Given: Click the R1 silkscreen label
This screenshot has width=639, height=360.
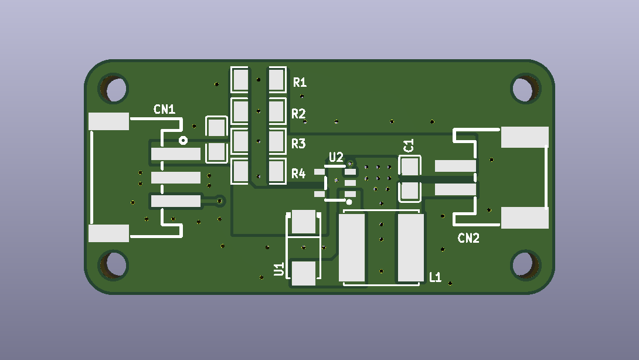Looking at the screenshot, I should tap(300, 82).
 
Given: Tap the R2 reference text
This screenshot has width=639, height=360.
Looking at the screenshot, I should tap(298, 113).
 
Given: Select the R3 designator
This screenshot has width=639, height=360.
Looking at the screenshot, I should tap(298, 144).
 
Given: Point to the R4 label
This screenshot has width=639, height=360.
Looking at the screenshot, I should tap(298, 174).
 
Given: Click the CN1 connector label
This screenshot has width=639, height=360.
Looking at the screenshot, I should tap(165, 110).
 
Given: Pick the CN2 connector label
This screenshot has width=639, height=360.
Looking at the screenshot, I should tap(468, 238).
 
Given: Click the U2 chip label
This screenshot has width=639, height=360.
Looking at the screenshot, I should tap(336, 157).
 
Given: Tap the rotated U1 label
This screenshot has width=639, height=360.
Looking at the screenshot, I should tap(279, 269).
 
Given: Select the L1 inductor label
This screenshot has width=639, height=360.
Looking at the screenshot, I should tap(435, 277).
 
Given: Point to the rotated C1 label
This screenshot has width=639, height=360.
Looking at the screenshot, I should tap(409, 145).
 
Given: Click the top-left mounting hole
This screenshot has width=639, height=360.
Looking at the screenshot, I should tap(114, 89).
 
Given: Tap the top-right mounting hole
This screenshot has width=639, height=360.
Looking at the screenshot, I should tap(526, 89).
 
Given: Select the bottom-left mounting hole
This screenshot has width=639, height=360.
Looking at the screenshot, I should tap(114, 264).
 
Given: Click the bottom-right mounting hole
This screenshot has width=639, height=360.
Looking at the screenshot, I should tap(526, 264).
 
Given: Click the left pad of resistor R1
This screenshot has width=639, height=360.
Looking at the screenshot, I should tap(240, 80).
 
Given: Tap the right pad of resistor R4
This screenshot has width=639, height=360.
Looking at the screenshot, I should tap(277, 171).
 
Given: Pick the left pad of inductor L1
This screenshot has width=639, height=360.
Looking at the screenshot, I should tap(352, 247).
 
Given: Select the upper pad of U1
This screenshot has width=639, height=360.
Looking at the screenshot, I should tap(304, 221).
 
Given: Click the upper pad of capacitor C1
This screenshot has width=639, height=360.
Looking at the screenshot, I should tap(410, 167).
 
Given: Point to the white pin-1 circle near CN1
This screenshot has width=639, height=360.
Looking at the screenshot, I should tap(183, 141).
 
